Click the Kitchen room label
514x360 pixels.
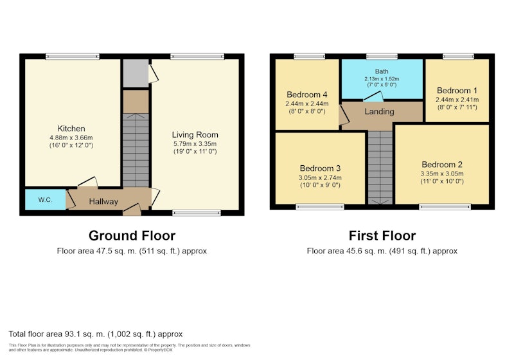tap(71, 129)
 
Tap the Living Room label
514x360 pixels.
tap(195, 135)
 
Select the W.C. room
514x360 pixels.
tap(45, 200)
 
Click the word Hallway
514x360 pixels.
tap(103, 201)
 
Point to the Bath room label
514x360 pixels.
tap(382, 71)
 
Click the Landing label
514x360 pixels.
tap(379, 111)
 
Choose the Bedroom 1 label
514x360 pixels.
tap(457, 91)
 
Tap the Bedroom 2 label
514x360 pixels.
tap(442, 165)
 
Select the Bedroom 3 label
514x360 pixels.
tap(320, 168)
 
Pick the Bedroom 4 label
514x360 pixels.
tap(307, 94)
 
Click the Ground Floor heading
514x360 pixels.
tap(132, 236)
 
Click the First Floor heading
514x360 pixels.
tap(382, 236)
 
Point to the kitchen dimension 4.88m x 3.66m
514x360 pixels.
tap(71, 138)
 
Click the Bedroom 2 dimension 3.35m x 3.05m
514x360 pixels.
tap(442, 174)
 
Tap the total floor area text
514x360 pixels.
tap(95, 334)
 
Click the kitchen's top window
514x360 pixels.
tap(73, 57)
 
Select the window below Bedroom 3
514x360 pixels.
tap(320, 206)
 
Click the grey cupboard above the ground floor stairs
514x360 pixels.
tap(136, 73)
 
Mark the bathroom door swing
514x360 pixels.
tap(373, 96)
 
